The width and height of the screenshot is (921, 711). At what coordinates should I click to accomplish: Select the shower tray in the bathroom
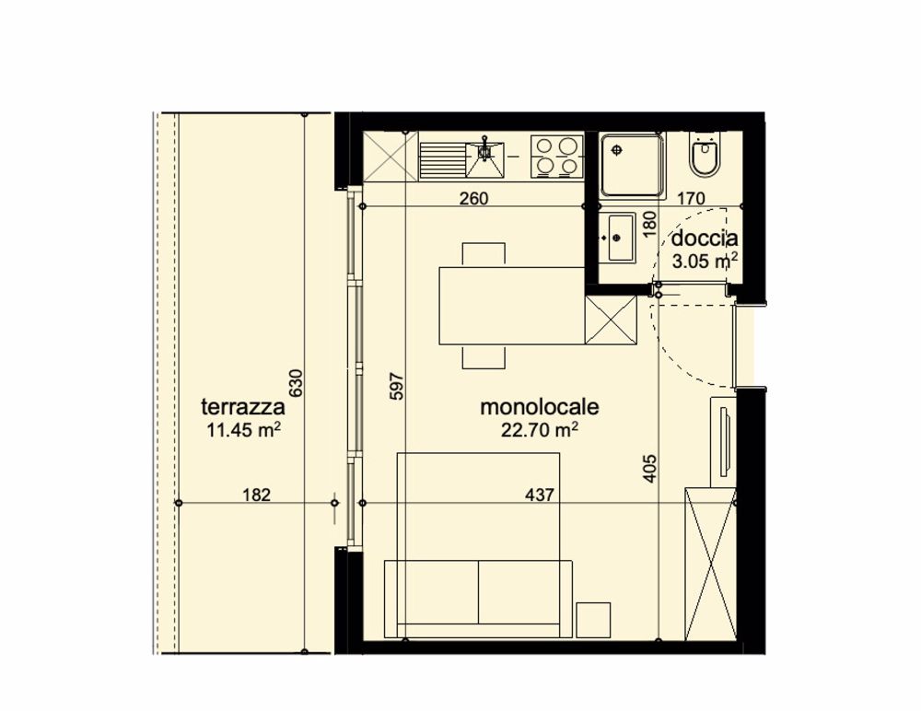[632, 164]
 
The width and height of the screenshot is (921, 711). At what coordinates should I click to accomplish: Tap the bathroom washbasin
[616, 237]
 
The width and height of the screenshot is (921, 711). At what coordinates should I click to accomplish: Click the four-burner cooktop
[558, 156]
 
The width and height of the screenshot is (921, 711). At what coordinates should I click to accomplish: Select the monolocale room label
[541, 406]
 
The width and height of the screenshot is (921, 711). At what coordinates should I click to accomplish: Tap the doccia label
[705, 239]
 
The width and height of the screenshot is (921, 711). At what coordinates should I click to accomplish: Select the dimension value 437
[540, 495]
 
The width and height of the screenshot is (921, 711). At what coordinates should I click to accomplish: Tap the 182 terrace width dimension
[256, 495]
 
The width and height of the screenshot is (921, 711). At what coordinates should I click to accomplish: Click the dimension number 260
[473, 198]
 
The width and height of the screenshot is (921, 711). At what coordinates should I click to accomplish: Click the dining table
[512, 305]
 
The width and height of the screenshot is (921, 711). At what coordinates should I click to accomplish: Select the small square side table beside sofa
[593, 619]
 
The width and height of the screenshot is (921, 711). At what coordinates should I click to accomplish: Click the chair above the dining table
[484, 253]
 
